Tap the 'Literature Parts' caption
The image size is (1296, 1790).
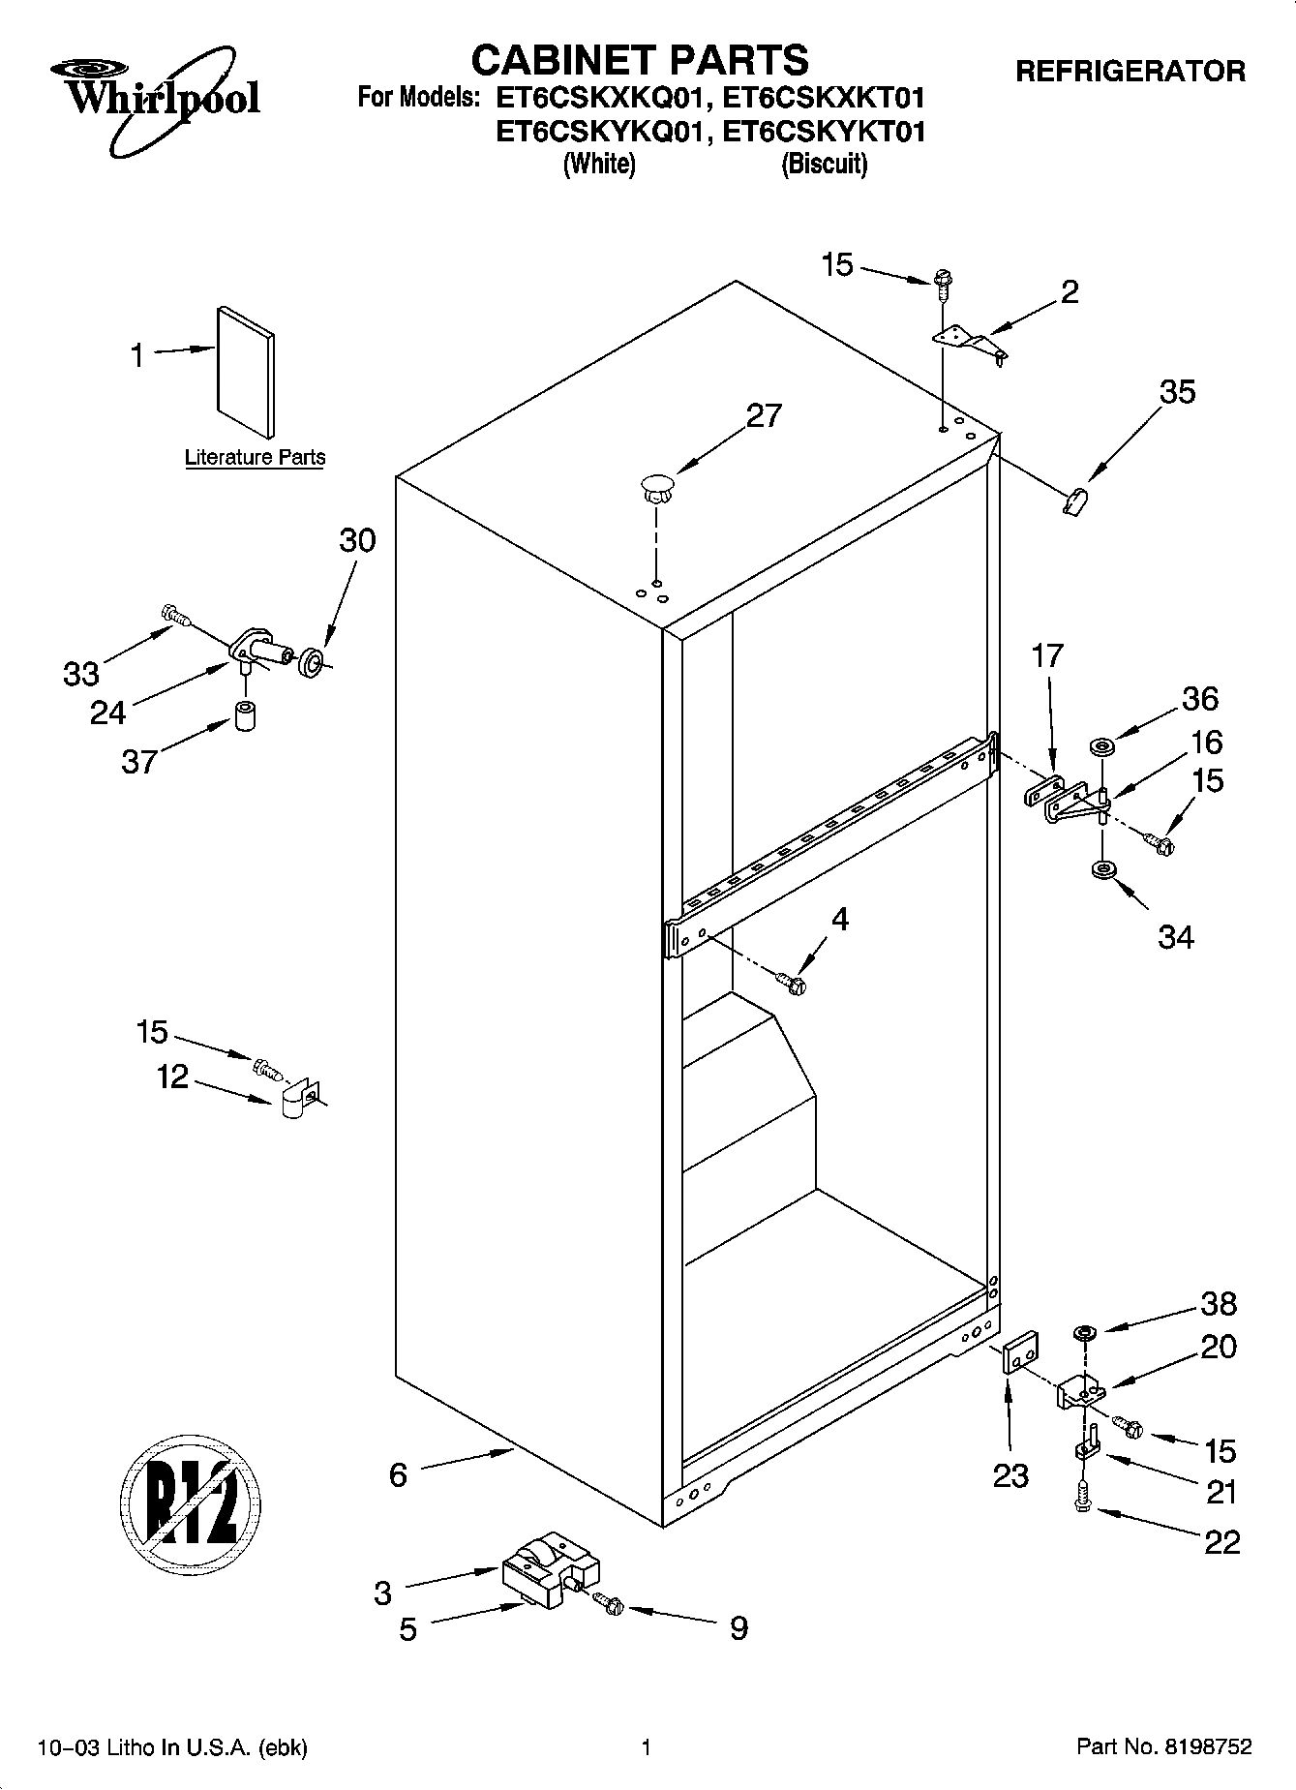[255, 457]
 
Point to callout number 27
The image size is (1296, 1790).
[764, 415]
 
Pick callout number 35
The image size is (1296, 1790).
[1177, 392]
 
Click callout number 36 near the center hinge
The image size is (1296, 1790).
[1200, 699]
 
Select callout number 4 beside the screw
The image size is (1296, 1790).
[839, 919]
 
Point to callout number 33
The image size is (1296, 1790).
[81, 674]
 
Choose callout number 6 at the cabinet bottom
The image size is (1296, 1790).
[398, 1474]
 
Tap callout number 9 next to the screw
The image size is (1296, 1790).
[738, 1627]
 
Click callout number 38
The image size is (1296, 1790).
[1219, 1304]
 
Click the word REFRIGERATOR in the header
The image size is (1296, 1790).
[1130, 71]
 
